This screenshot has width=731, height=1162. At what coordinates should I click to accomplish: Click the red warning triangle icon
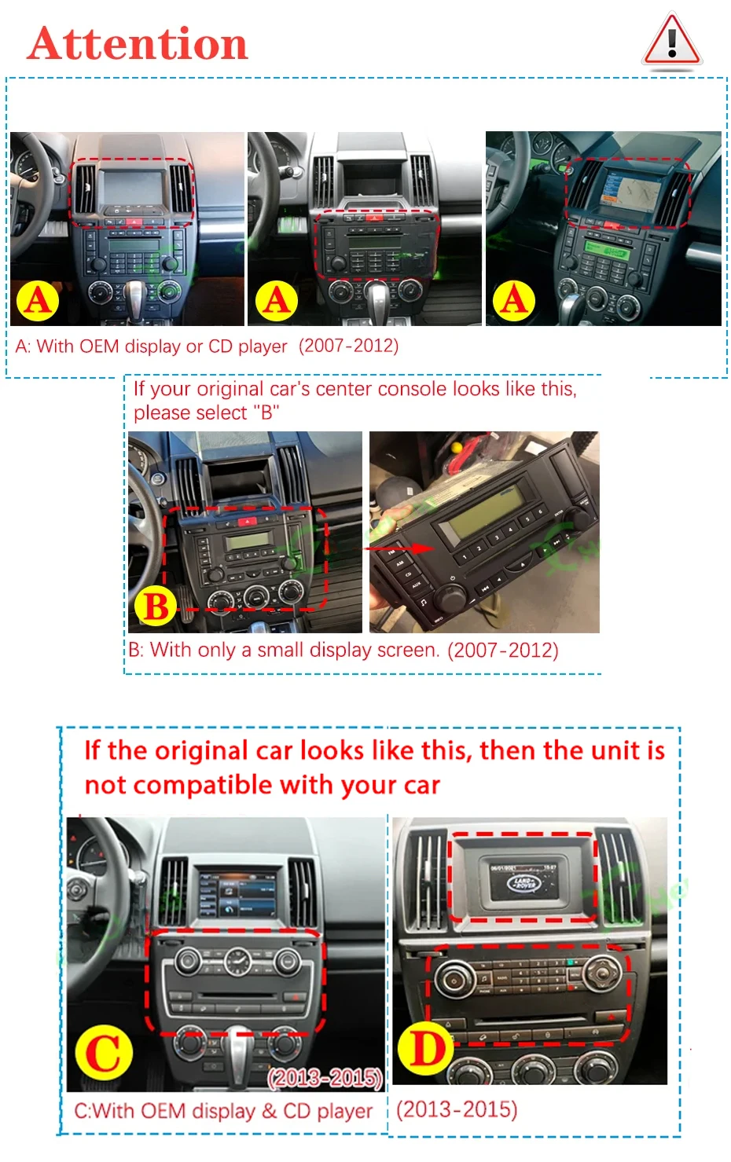click(672, 40)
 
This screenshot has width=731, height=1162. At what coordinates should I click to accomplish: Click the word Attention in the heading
click(138, 44)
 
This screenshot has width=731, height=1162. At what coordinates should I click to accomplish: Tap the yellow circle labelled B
click(155, 605)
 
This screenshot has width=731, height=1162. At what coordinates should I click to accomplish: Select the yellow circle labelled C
click(104, 1053)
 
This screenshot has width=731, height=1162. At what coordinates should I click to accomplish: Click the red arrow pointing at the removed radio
click(399, 548)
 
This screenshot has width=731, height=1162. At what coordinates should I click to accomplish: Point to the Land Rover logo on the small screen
click(524, 883)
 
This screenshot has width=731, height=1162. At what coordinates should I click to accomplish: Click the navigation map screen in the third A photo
click(632, 190)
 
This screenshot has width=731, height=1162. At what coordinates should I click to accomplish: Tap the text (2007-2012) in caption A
click(349, 346)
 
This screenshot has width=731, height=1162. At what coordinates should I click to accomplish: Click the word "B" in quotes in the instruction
click(266, 412)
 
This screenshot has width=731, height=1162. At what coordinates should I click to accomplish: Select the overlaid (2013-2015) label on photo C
click(325, 1078)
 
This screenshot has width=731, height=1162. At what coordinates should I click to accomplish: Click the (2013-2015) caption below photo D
click(457, 1109)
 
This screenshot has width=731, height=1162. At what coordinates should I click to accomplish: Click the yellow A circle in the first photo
click(38, 301)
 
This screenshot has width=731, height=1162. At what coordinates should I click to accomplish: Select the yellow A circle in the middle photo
click(277, 301)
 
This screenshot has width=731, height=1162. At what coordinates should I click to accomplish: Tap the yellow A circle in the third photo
click(513, 301)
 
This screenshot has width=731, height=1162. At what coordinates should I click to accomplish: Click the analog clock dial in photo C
click(237, 961)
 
